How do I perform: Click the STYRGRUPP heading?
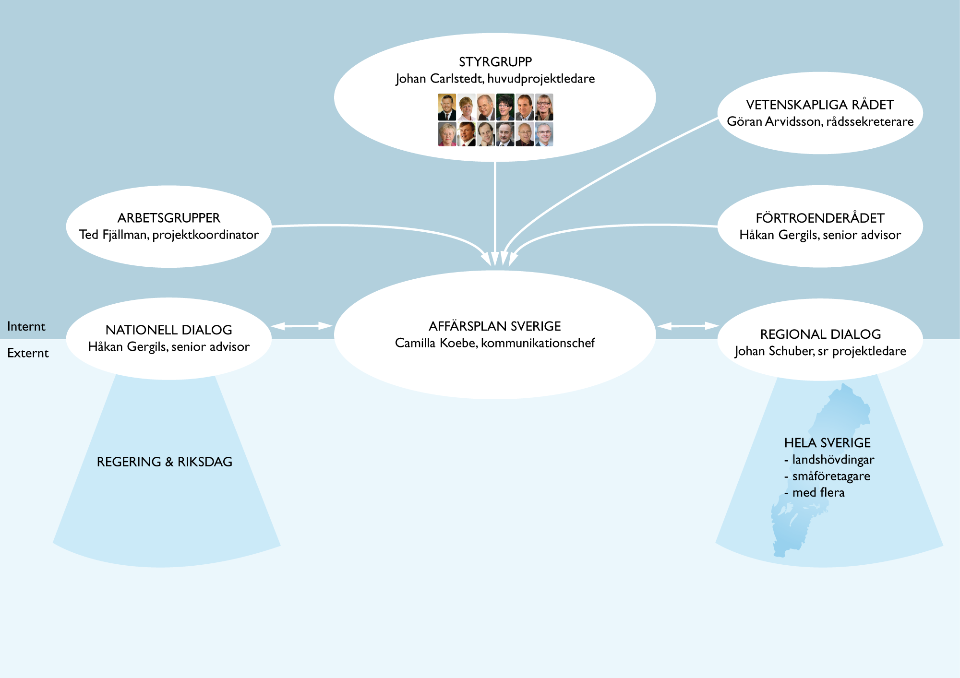(495, 62)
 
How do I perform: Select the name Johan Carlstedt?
(439, 79)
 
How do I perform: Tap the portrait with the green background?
(505, 107)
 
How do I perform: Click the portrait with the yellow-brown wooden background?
(447, 107)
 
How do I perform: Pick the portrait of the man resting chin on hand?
(486, 134)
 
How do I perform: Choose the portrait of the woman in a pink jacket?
(447, 134)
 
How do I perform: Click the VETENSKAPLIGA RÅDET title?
(820, 105)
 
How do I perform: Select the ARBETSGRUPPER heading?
(169, 218)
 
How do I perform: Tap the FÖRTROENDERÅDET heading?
(820, 218)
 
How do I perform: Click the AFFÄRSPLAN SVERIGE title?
(495, 326)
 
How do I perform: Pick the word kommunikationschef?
(538, 343)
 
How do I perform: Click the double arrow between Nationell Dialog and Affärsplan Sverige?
(302, 326)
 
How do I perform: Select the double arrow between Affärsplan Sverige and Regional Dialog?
(688, 326)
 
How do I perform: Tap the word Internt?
(26, 327)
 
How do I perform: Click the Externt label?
(28, 353)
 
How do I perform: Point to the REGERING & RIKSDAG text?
(165, 462)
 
